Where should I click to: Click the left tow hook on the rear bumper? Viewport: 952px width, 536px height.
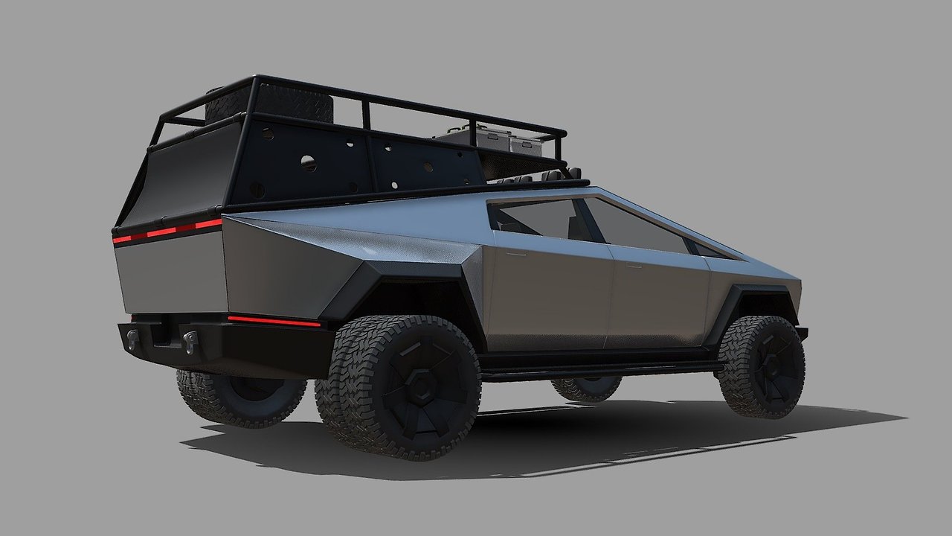[133, 339]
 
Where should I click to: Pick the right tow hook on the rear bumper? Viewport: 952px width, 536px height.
[191, 341]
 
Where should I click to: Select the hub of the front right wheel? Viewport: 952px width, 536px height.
[773, 365]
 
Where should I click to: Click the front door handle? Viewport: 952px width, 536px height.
[633, 264]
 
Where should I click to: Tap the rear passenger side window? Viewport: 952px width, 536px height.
[538, 219]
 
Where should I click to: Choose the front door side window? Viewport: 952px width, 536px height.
[636, 226]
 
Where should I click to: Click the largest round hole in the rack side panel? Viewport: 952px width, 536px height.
[308, 163]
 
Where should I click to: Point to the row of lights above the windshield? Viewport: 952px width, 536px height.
[535, 178]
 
